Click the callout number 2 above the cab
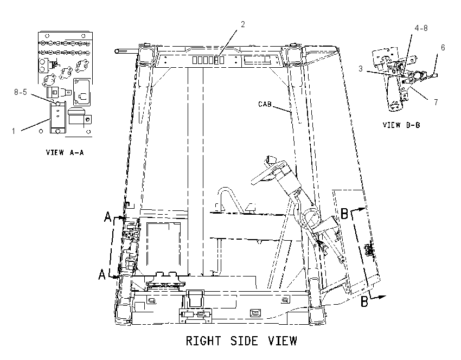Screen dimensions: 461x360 coord(242,24)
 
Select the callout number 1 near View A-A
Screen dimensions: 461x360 coord(14,131)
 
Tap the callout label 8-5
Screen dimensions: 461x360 coord(21,92)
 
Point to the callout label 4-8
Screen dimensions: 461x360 coord(421,28)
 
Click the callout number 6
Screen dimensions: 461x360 coord(443,48)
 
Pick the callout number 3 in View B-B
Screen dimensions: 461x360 coord(361,69)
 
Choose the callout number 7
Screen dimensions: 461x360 coord(436,102)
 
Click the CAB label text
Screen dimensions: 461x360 coord(265,104)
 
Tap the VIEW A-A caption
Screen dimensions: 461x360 coord(65,152)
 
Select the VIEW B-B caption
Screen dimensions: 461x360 coord(401,125)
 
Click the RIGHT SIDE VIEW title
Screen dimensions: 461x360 coord(241,341)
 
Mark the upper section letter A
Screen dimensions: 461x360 coord(108,217)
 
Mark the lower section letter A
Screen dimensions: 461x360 coord(102,275)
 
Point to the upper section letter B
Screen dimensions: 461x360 coord(344,214)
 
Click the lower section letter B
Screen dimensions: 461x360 coord(364,302)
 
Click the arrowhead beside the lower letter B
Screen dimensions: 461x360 coord(382,297)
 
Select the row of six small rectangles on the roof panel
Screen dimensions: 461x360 coord(208,60)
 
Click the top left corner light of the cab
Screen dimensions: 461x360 coord(146,54)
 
